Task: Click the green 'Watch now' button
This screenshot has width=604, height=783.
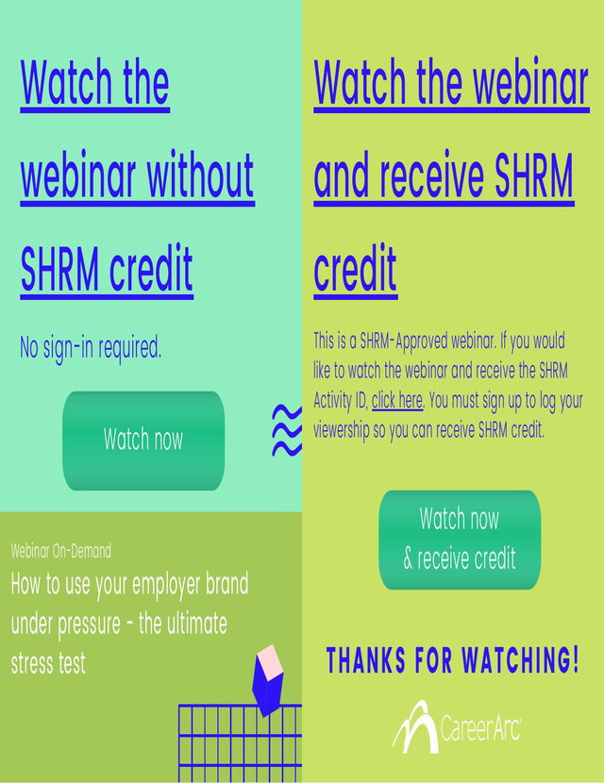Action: coord(143,441)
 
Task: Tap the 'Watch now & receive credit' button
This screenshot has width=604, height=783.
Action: coord(460,540)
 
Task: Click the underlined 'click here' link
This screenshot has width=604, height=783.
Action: coord(397,401)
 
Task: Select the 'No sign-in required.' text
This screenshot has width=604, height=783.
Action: coord(91,347)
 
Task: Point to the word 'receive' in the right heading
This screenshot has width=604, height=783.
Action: coord(431,175)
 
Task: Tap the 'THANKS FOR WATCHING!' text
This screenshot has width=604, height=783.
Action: coord(453,659)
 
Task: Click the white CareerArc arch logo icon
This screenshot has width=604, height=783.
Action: coord(416,726)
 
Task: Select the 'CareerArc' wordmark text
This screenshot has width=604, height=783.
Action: coord(481,728)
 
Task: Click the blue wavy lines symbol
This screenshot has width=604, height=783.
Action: coord(287,430)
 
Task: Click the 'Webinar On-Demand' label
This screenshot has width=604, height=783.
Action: coord(61,551)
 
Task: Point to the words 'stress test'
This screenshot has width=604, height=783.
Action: coord(48,663)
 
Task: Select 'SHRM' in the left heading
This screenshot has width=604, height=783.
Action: coord(59,269)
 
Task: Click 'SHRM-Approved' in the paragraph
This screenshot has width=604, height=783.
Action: coord(404,342)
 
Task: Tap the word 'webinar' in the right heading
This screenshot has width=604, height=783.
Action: coord(531,81)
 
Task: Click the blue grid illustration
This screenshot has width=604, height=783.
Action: coord(240,743)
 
